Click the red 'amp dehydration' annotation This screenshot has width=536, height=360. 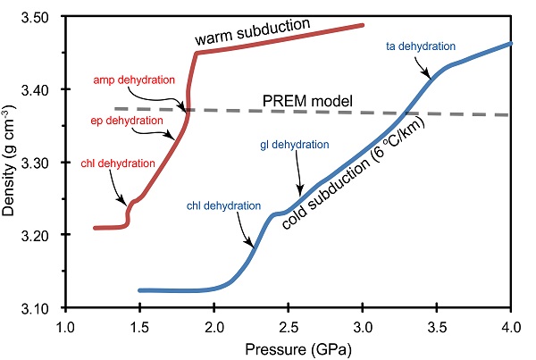(134, 80)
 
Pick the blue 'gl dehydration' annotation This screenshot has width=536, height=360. (296, 143)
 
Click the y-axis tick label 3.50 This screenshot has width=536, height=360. (38, 17)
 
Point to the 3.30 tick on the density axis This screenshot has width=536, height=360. (38, 163)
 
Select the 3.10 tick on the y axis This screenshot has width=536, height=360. (38, 308)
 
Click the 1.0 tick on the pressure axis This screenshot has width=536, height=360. (63, 326)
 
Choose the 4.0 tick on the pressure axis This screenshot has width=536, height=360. (511, 326)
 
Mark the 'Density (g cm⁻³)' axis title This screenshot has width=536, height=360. (13, 163)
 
